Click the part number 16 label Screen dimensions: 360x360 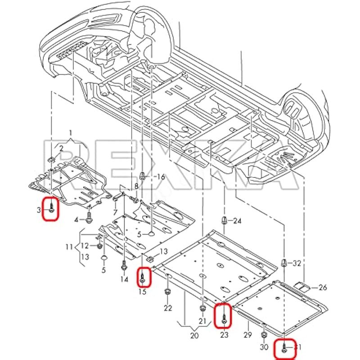(160, 177)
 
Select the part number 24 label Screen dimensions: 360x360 (237, 220)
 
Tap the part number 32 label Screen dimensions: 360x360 (297, 263)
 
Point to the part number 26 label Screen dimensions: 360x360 (323, 287)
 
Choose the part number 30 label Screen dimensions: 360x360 (264, 347)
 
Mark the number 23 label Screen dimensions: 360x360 (224, 335)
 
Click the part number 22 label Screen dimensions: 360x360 (167, 308)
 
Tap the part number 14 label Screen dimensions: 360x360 (124, 279)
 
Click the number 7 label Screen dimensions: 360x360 (115, 212)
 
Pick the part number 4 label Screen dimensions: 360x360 (76, 220)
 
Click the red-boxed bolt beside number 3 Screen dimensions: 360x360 (52, 208)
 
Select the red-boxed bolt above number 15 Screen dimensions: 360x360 (143, 276)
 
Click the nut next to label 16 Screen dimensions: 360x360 (143, 175)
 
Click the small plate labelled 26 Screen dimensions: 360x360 (301, 284)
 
